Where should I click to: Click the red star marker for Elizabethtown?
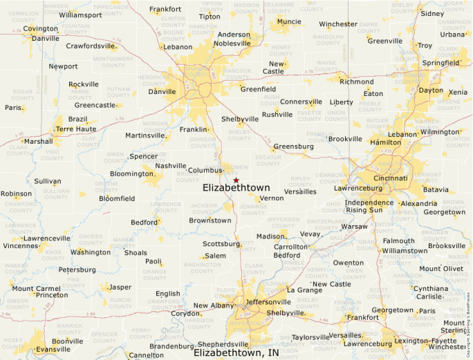coord(236,180)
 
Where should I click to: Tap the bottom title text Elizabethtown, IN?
coord(236,352)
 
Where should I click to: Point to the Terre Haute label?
coord(76,129)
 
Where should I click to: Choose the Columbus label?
coord(205,170)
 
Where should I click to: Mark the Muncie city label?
coord(288,21)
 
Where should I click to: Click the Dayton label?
coord(431,91)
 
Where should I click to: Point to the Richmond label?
coord(356,82)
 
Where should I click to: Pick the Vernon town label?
coord(271,198)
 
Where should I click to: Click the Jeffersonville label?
coord(268,302)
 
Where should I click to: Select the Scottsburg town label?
coord(221,244)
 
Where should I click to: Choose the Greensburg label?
coord(293,146)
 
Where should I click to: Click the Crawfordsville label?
coord(91,46)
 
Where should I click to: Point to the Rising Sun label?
coord(364,209)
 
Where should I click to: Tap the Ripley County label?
coord(302,180)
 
